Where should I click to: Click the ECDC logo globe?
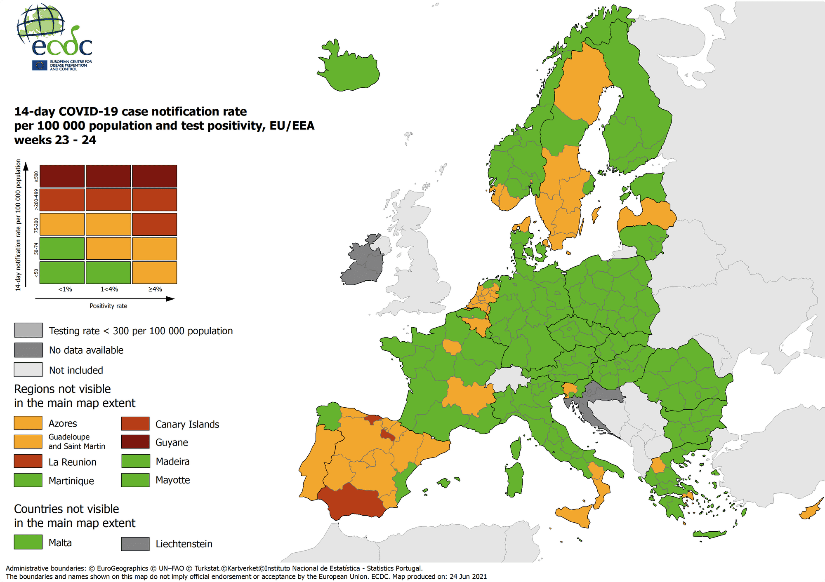[41, 24]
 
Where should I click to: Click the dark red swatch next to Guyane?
[135, 442]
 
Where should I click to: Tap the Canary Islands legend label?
[187, 424]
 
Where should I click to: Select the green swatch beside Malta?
[28, 542]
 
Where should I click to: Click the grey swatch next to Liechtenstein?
[135, 544]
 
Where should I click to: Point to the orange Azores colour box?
[28, 423]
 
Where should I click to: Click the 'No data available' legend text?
[86, 350]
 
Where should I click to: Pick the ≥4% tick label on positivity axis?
[155, 289]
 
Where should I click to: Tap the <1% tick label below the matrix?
[65, 289]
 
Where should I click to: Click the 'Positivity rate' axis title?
[108, 306]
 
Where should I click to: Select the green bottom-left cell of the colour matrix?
[62, 272]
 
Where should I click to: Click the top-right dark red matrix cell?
[154, 176]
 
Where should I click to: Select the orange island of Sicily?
[575, 515]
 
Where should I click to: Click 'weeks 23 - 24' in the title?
[55, 140]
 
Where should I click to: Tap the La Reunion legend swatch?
[28, 461]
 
